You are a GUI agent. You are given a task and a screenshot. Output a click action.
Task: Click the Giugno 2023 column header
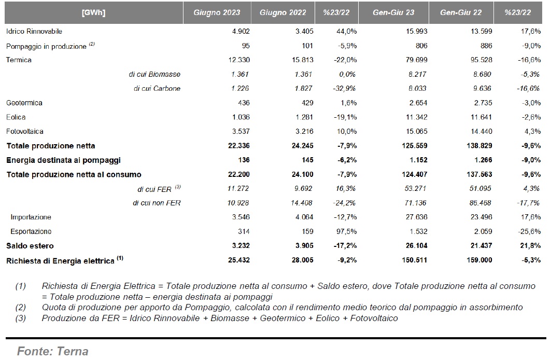(x=217, y=12)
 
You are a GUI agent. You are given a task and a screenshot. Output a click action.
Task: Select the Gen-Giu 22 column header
(x=461, y=12)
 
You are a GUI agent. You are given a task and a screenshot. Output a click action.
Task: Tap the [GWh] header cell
(x=93, y=12)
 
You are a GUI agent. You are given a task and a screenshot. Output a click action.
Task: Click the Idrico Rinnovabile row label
(x=34, y=31)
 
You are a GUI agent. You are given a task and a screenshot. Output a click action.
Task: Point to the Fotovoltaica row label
(x=24, y=131)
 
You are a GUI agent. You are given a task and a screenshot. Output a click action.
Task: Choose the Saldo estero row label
(x=30, y=246)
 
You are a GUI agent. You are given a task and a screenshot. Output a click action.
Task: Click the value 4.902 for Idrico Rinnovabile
(x=241, y=31)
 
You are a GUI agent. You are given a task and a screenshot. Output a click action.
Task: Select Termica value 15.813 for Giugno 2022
(x=303, y=60)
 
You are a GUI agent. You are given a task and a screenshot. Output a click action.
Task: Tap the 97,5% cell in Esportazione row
(x=346, y=231)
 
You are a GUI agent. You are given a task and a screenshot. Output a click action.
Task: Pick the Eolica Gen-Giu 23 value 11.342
(x=417, y=117)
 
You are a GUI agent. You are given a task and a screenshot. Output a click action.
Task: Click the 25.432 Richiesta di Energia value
(x=239, y=260)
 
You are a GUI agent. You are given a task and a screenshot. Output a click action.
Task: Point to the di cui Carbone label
(x=157, y=89)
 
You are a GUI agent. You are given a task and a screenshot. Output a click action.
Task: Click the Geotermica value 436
(x=244, y=103)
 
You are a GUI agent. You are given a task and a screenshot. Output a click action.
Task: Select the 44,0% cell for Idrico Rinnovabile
(x=346, y=31)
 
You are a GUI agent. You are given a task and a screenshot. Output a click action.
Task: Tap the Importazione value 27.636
(x=417, y=217)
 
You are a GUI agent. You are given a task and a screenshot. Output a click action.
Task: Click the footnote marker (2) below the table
(x=20, y=307)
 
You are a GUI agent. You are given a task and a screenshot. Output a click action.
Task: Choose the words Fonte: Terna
(x=53, y=351)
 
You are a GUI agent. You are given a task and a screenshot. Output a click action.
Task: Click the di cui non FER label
(x=157, y=203)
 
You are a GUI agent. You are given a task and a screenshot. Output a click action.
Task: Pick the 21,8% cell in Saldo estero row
(x=530, y=246)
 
